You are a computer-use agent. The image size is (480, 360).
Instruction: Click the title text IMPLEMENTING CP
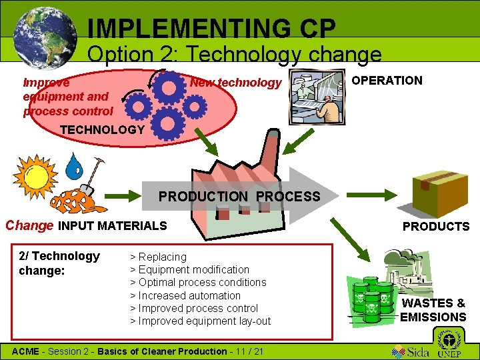211,28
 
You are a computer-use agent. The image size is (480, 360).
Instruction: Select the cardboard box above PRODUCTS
439,187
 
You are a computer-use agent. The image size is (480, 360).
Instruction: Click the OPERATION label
387,81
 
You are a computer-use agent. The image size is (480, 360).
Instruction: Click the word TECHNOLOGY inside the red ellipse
102,129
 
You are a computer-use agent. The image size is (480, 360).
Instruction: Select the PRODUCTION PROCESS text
239,197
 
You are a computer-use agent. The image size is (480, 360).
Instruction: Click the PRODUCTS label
436,227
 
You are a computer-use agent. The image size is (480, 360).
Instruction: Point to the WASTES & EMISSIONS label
433,310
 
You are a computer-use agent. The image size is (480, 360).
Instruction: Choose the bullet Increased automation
185,295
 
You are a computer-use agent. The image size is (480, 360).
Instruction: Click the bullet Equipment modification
189,270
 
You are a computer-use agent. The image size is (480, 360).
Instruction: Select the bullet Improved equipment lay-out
200,321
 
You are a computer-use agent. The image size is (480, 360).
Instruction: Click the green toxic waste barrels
373,299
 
